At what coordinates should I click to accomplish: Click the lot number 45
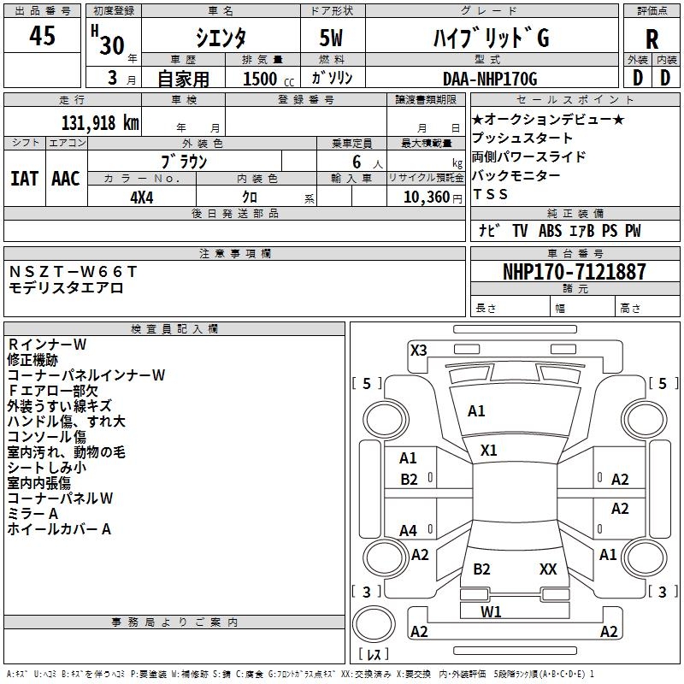click(42, 37)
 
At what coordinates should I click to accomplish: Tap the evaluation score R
click(652, 39)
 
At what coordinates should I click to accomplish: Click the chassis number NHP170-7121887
click(574, 272)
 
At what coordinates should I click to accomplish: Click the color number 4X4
click(142, 197)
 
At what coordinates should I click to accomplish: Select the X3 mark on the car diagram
click(418, 350)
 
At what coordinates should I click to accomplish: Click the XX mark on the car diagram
click(548, 569)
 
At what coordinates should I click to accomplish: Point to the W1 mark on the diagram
click(491, 611)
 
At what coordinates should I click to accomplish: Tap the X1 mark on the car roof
click(489, 450)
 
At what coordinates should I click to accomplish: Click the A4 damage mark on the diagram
click(409, 531)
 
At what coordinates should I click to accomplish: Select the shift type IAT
click(24, 178)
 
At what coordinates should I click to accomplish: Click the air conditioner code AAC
click(66, 178)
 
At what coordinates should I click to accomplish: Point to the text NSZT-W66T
click(73, 271)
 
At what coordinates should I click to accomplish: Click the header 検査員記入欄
click(174, 328)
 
